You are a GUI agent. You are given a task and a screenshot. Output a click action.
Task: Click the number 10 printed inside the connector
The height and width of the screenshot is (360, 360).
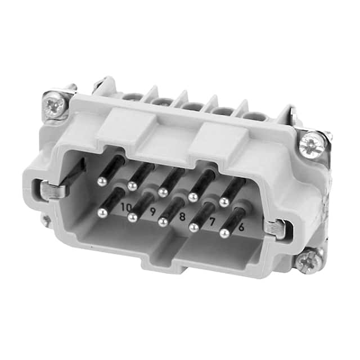pos(126,208)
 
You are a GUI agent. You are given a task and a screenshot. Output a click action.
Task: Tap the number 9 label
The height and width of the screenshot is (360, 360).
pos(152,211)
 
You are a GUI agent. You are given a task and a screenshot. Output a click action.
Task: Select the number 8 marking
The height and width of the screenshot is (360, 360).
pos(182,216)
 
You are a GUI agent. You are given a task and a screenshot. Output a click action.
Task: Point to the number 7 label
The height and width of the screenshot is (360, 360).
pos(212,222)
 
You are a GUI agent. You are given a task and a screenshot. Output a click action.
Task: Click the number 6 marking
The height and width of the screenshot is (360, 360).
pos(241,227)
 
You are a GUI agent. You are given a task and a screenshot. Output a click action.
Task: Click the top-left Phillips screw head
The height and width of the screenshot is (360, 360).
pos(55,106)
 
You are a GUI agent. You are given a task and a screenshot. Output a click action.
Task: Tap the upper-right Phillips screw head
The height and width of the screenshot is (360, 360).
pos(312,145)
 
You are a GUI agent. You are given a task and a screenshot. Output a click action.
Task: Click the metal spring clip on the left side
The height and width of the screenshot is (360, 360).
pos(52,190)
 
